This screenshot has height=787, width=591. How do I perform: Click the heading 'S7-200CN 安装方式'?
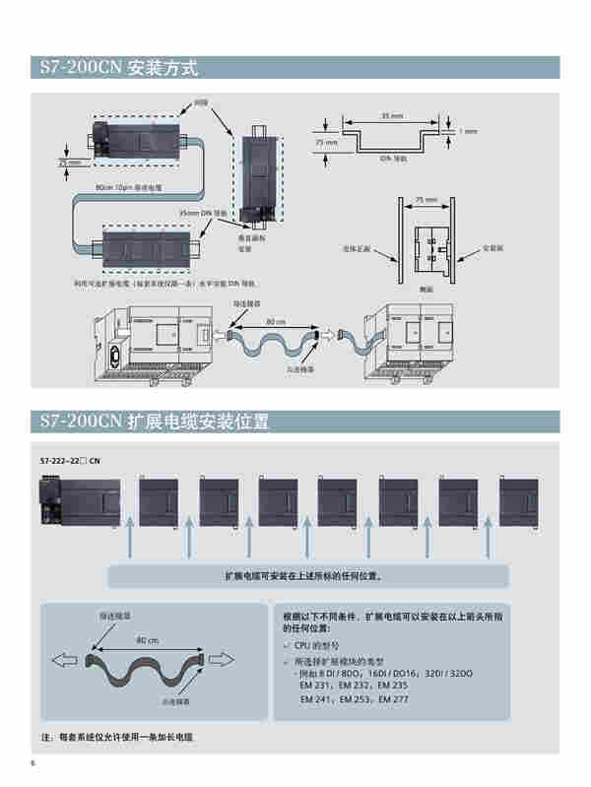[x=119, y=68]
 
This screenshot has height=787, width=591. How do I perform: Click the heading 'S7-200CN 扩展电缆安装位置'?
[x=154, y=421]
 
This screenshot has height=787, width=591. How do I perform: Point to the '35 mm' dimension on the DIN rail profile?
[x=390, y=116]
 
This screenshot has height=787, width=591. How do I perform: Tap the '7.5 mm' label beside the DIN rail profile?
[x=325, y=142]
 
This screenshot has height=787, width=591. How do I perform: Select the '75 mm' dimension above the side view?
[x=426, y=199]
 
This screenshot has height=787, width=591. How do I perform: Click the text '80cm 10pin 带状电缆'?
[x=128, y=186]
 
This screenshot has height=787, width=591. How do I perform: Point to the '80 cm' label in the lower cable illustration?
[x=148, y=640]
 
